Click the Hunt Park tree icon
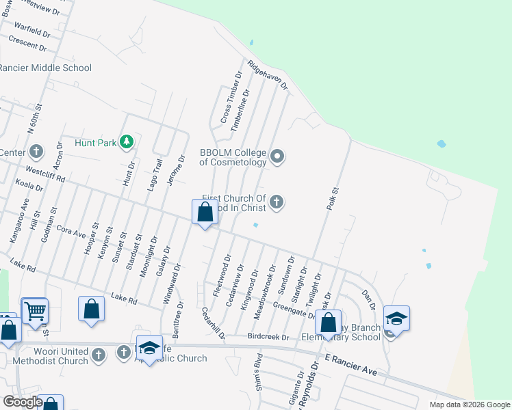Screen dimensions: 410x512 coord(126,142)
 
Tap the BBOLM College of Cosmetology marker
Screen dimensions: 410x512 coord(277,157)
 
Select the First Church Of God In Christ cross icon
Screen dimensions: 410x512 coord(277,201)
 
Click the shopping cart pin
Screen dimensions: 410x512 coord(34,312)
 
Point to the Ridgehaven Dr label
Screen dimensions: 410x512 coord(268,76)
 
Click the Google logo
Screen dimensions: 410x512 coord(23,402)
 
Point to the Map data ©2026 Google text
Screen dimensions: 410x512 coord(469,405)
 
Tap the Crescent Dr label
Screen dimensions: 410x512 coord(27,44)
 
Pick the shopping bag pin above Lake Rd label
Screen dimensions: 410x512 coord(92,309)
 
